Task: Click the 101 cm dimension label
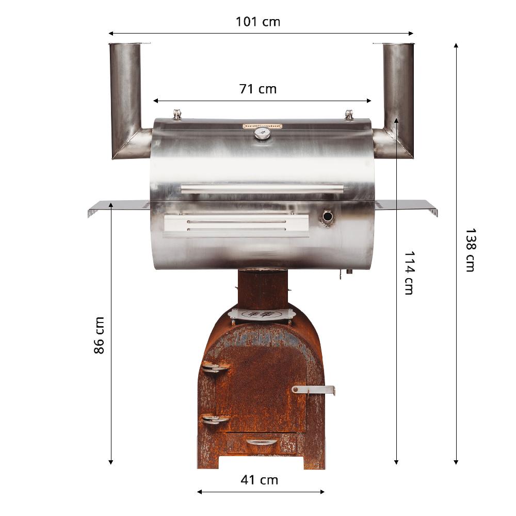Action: point(258,22)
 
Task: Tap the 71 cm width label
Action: point(258,89)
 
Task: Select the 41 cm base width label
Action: point(260,480)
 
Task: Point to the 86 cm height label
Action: point(99,335)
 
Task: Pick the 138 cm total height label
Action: point(470,250)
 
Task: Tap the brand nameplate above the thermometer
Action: point(263,126)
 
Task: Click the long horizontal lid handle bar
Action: point(262,188)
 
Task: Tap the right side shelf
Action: point(408,206)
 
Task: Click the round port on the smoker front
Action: point(327,217)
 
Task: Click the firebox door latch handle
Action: point(313,389)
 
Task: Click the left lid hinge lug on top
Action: point(178,114)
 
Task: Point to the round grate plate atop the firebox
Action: point(262,314)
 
